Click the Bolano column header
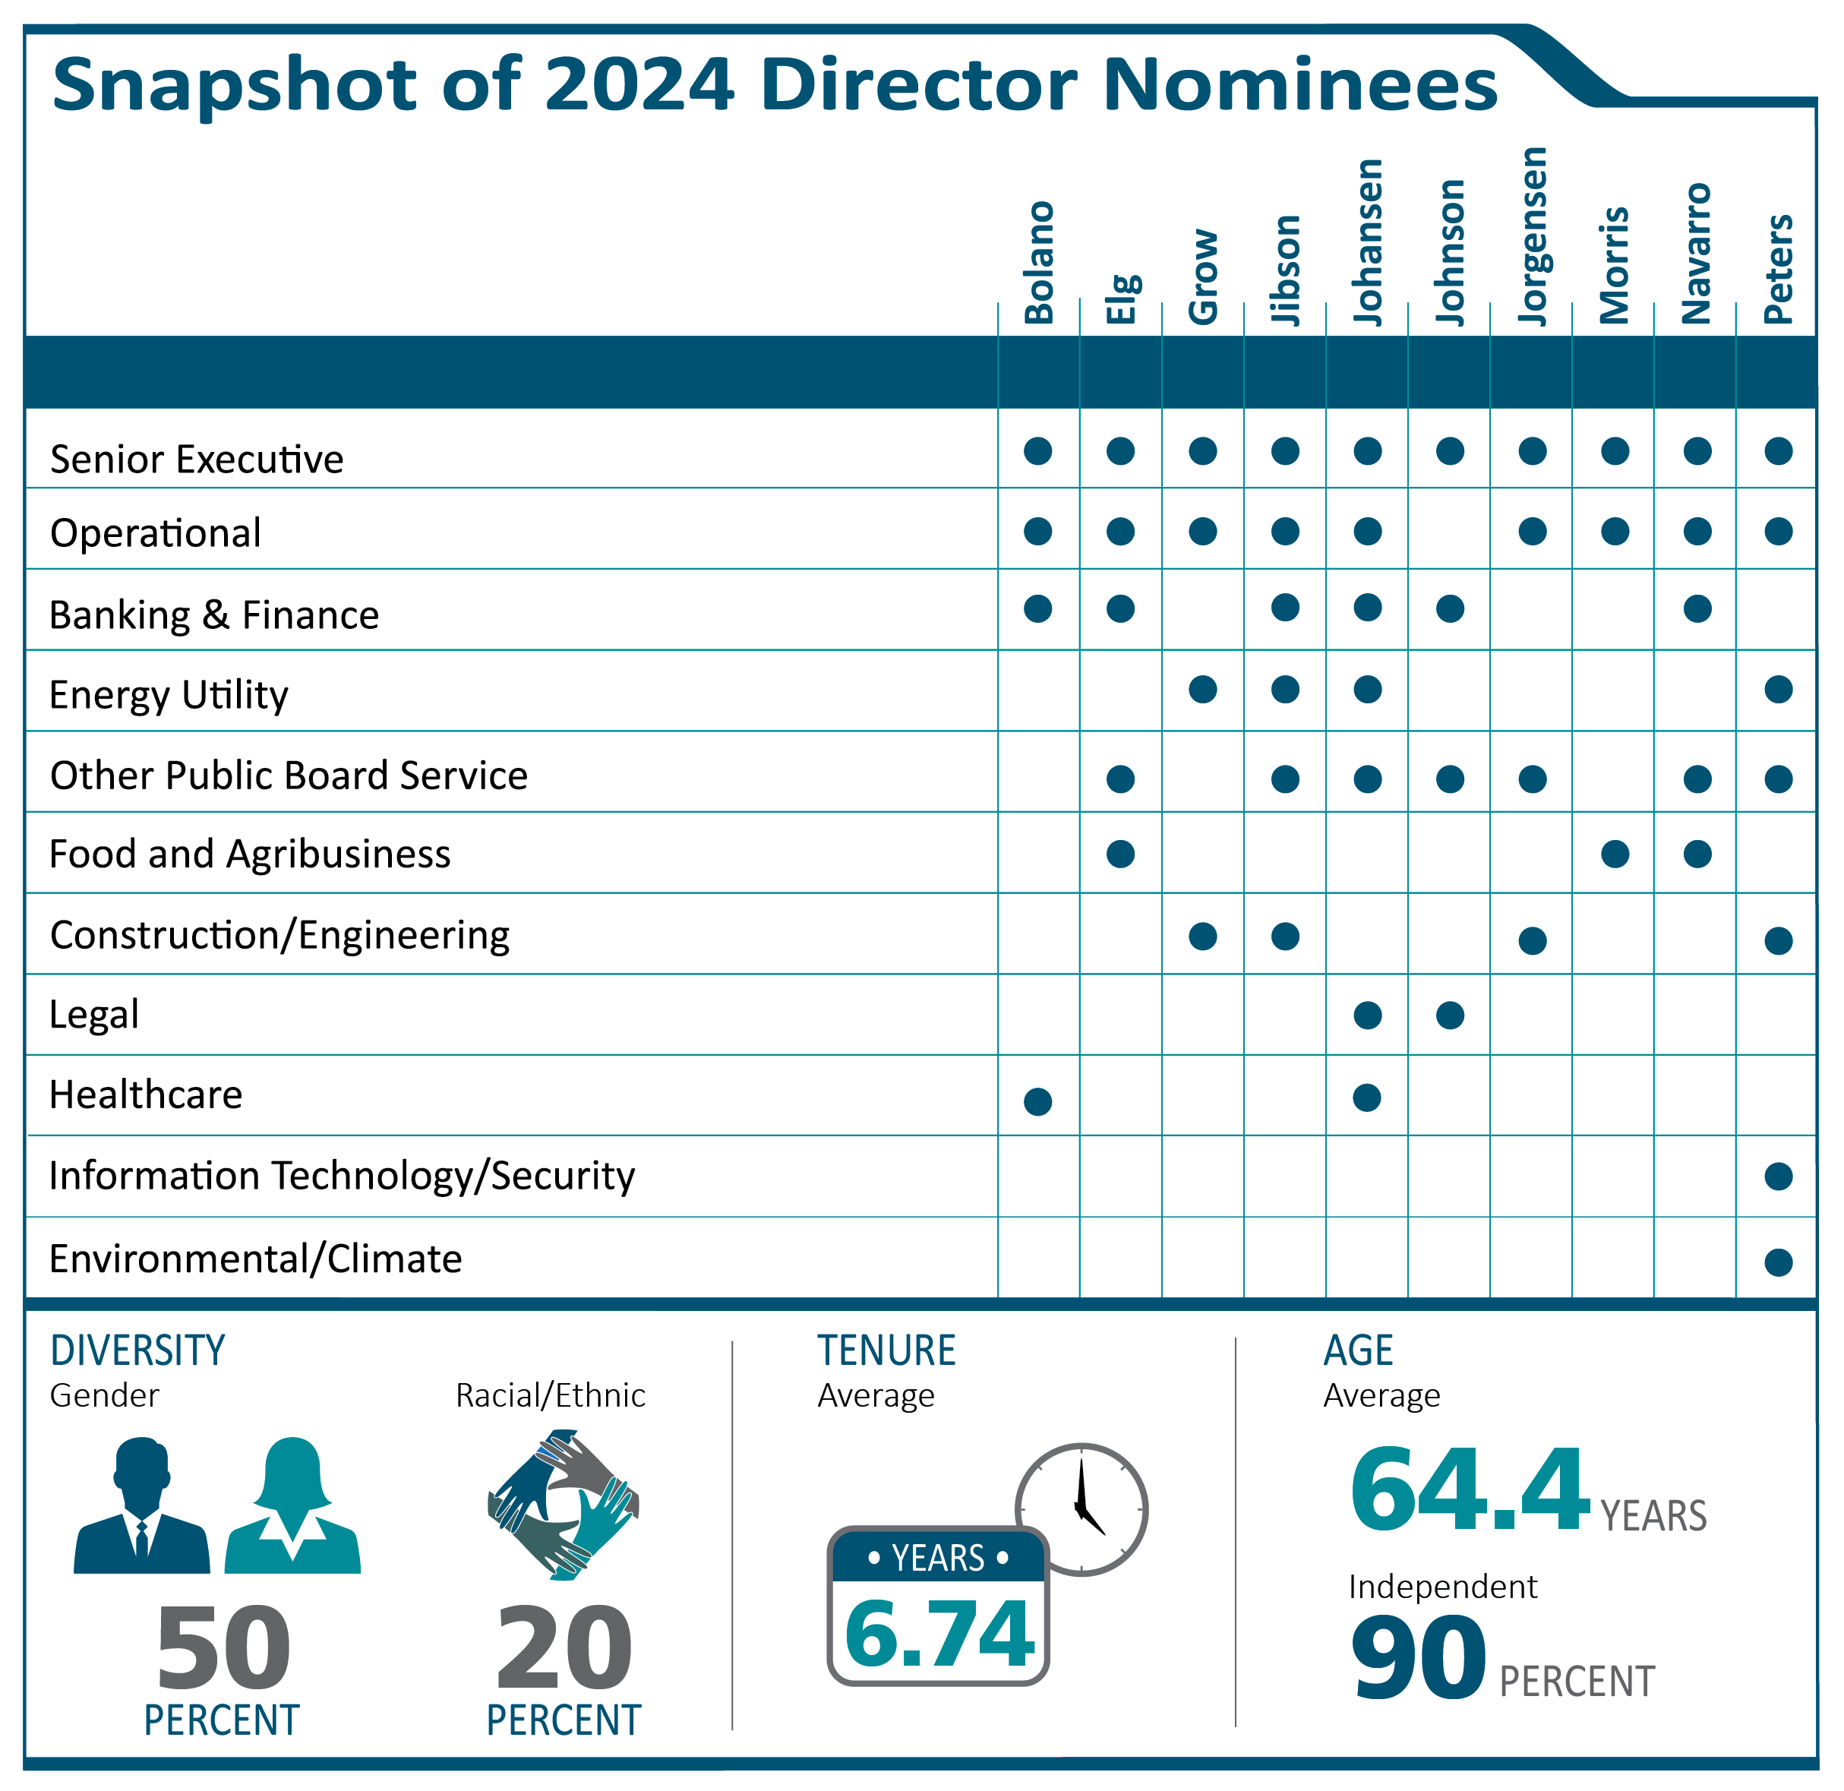coord(1039,263)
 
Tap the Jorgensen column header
coord(1533,237)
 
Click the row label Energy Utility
coord(169,694)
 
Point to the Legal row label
coord(94,1015)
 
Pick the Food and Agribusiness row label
coord(249,854)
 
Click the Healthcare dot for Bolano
coord(1037,1101)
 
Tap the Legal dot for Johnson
coord(1450,1016)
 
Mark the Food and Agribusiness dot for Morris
coord(1615,854)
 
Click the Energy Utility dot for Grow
coord(1202,690)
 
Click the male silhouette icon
coord(141,1506)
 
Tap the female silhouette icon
coord(292,1506)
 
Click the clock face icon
coord(1082,1508)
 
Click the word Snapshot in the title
coord(234,85)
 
